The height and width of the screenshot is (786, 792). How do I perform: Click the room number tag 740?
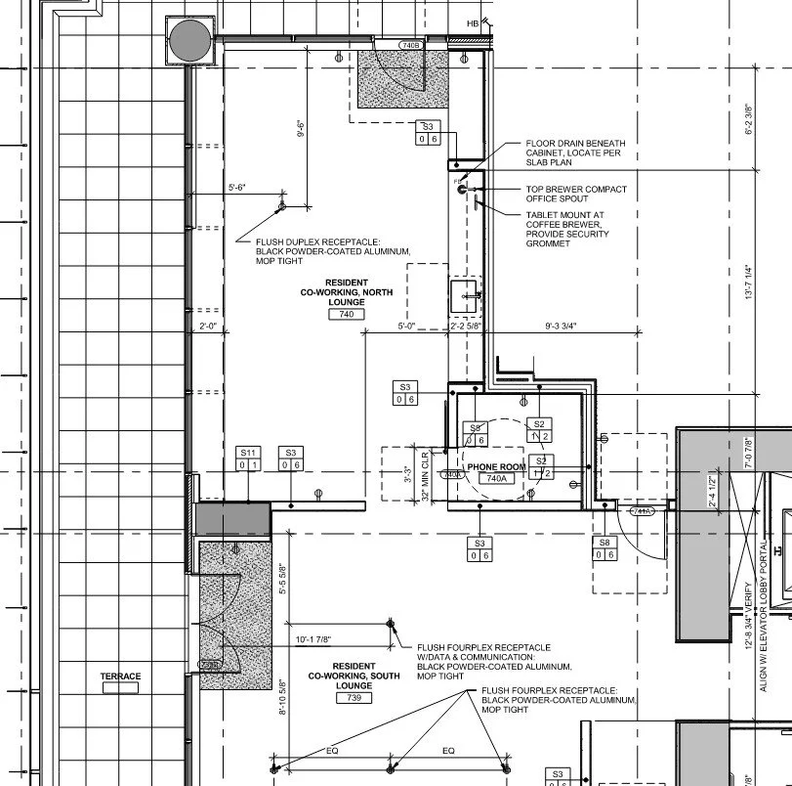coord(347,314)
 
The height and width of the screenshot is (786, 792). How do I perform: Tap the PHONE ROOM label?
coord(496,467)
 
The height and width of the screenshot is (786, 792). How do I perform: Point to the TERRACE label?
coord(120,677)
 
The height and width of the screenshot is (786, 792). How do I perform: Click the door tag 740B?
coord(411,46)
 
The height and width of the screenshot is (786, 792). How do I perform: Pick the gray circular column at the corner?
coord(188,40)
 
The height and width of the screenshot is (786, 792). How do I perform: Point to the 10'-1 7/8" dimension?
coord(319,640)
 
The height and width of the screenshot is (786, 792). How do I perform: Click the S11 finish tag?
coord(249,453)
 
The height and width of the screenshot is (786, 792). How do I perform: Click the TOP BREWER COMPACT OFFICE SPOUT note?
coord(576,194)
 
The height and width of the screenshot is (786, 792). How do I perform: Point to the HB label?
coord(474,22)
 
